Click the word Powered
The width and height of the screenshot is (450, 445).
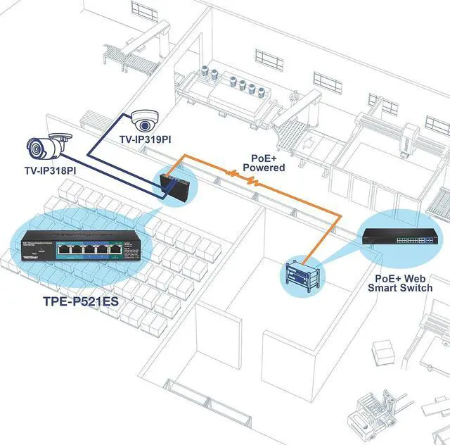(x=264, y=168)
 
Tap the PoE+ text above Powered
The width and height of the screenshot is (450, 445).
(x=264, y=158)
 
